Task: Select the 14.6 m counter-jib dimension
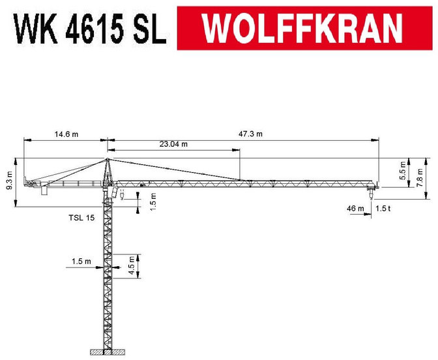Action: (65, 134)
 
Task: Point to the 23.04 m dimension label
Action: (173, 144)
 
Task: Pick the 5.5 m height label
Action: (402, 172)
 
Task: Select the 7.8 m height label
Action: (420, 177)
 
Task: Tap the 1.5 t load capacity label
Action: (383, 208)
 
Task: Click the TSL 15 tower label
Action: (82, 217)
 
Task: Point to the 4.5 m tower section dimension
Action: (132, 265)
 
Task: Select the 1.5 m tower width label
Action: (82, 262)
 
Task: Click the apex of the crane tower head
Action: (108, 159)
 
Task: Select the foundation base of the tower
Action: (108, 353)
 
